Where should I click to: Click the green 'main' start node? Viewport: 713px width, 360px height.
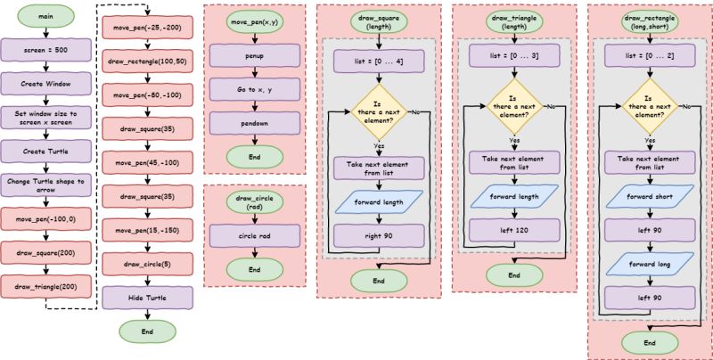pos(45,18)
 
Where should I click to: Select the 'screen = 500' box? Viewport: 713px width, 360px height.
pos(45,51)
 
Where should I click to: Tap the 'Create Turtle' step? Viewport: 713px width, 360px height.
pos(45,151)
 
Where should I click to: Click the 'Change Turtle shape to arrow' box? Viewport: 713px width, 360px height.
pos(45,184)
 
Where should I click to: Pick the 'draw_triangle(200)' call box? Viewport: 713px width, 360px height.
pos(45,286)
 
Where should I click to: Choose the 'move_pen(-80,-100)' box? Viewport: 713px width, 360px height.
pos(147,95)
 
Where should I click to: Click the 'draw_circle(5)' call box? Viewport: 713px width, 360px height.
pos(147,264)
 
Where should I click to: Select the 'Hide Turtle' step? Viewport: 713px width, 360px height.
pos(147,297)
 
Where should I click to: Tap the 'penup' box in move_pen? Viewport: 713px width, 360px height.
pos(253,57)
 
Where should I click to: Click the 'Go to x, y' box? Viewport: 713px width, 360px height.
pos(253,90)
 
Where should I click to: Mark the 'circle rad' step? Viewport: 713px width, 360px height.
pos(253,236)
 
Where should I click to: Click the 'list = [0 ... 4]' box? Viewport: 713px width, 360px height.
pos(380,61)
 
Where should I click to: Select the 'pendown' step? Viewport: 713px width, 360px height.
pos(253,123)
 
